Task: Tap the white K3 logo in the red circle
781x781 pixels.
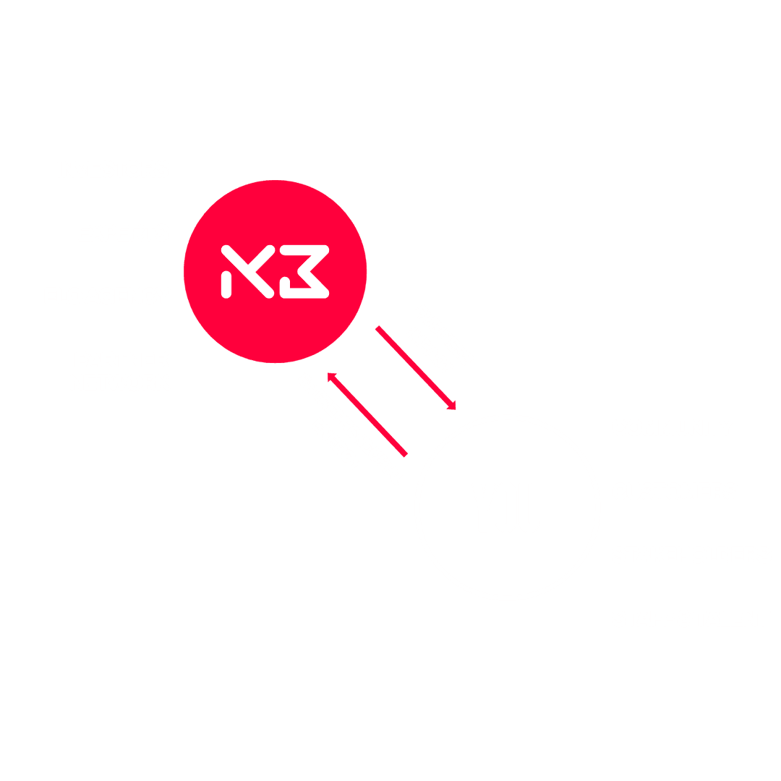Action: pos(275,271)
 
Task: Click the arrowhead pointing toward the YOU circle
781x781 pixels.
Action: pos(451,406)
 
